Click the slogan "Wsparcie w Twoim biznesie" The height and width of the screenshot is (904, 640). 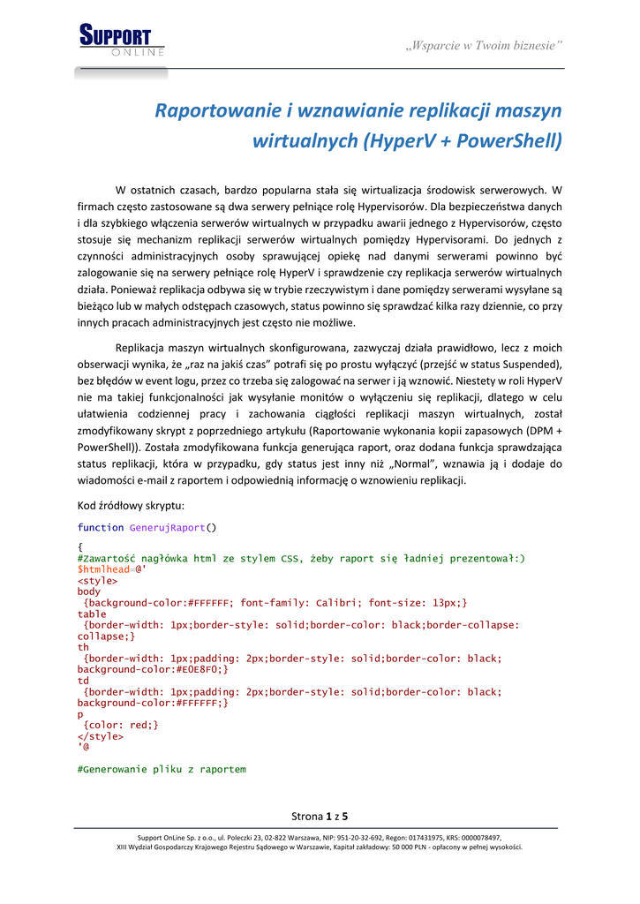coord(484,45)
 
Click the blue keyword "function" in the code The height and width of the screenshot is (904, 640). coord(101,528)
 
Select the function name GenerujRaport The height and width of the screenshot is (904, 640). coord(167,528)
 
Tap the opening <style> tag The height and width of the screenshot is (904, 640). coord(97,581)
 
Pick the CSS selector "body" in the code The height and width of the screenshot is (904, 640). coord(89,591)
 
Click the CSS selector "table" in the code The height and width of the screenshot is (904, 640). coord(92,614)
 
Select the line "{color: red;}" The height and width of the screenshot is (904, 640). coord(120,725)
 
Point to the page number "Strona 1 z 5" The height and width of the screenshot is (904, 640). coord(320,815)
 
